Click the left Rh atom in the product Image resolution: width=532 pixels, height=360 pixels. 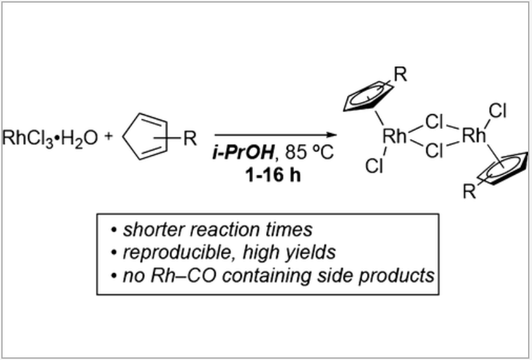coord(393,137)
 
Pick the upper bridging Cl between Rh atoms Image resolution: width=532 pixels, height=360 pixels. coord(434,121)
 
